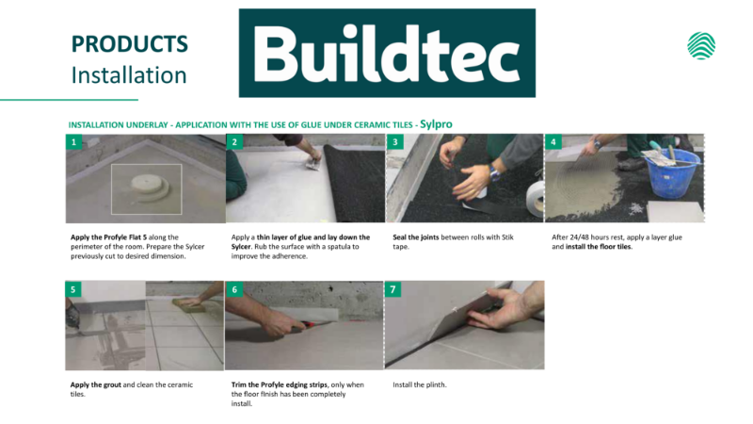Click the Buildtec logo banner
point(387,53)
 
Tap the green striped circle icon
point(701,45)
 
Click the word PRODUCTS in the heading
point(129,44)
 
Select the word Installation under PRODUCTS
point(129,75)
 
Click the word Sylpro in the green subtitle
point(436,124)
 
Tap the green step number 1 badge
point(73,142)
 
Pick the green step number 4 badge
point(553,142)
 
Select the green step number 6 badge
point(234,289)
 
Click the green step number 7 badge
point(393,289)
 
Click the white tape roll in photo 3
point(535,198)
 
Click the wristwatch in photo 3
point(493,172)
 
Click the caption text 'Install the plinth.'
point(419,384)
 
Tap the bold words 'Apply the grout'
point(96,384)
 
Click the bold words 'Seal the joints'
point(416,237)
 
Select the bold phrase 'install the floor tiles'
point(599,247)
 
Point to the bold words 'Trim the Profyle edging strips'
point(280,384)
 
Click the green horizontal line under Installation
point(69,100)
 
